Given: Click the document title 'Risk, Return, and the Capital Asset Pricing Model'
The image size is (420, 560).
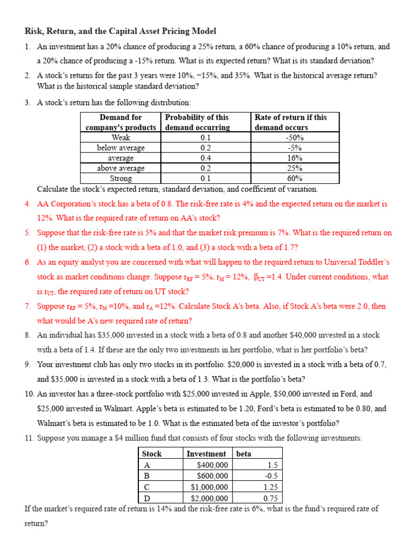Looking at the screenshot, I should click(120, 31).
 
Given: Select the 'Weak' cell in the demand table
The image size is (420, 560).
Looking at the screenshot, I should click(121, 138).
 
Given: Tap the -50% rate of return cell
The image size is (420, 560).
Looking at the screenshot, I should click(295, 138).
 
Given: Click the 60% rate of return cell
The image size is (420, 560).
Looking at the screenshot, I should click(295, 178).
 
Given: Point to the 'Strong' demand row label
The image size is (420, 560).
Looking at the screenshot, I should click(121, 178).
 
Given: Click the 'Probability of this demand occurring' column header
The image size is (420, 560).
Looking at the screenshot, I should click(197, 122).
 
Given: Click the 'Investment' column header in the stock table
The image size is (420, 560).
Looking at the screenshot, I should click(206, 454).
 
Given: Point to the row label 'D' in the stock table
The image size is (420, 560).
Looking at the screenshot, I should click(146, 498).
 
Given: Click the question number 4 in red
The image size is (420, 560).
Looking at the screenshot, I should click(27, 203).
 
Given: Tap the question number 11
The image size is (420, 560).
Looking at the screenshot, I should click(30, 438).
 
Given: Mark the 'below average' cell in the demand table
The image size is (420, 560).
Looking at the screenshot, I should click(121, 148).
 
